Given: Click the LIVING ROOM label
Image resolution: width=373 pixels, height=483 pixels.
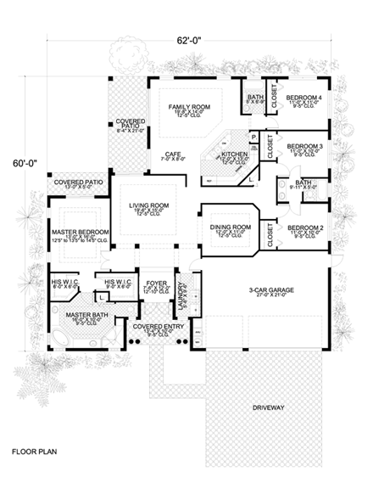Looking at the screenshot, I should click(x=149, y=205).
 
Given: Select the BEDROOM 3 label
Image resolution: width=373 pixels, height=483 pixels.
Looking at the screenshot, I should click(x=303, y=146).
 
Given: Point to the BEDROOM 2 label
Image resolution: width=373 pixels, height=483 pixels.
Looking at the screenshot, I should click(x=303, y=227).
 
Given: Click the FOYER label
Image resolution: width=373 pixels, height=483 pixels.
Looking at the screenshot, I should click(x=157, y=284).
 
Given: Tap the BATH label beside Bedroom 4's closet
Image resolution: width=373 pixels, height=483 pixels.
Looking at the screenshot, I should click(x=253, y=97).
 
